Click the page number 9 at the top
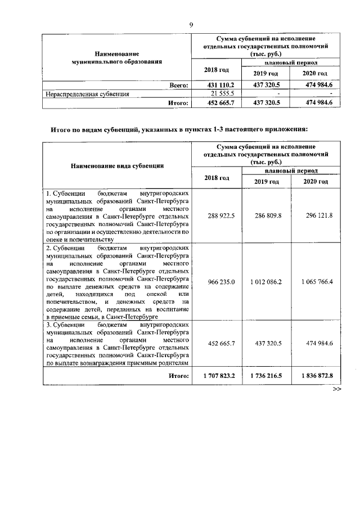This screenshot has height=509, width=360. [x=191, y=24]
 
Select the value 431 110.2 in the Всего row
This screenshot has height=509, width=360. [x=217, y=85]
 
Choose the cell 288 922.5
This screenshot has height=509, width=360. [x=217, y=215]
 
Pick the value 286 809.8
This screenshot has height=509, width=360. [x=267, y=215]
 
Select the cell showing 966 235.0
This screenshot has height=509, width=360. [x=217, y=281]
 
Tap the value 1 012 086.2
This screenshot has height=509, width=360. [x=267, y=281]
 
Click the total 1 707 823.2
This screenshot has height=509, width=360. [x=217, y=375]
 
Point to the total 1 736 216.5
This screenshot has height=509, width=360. [x=267, y=375]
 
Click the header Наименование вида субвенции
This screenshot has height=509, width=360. [x=117, y=166]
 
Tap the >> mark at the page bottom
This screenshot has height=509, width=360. [x=337, y=389]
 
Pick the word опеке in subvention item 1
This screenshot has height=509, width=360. [x=56, y=238]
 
